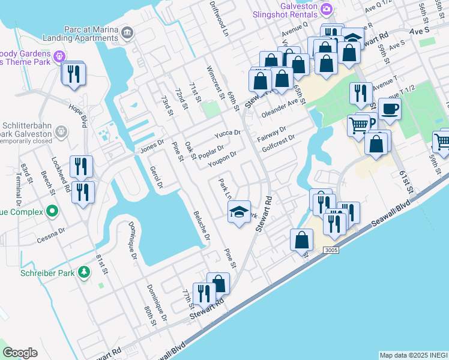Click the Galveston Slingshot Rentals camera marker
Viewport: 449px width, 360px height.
click(327, 8)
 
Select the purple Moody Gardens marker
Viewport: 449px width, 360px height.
click(59, 57)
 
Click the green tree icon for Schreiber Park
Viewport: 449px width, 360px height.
click(84, 273)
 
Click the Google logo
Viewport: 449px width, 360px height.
click(20, 353)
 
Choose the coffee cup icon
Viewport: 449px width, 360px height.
click(390, 108)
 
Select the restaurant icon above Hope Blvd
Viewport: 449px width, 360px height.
click(74, 74)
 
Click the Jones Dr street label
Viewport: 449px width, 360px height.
click(152, 146)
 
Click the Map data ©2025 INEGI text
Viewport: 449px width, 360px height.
click(412, 355)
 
